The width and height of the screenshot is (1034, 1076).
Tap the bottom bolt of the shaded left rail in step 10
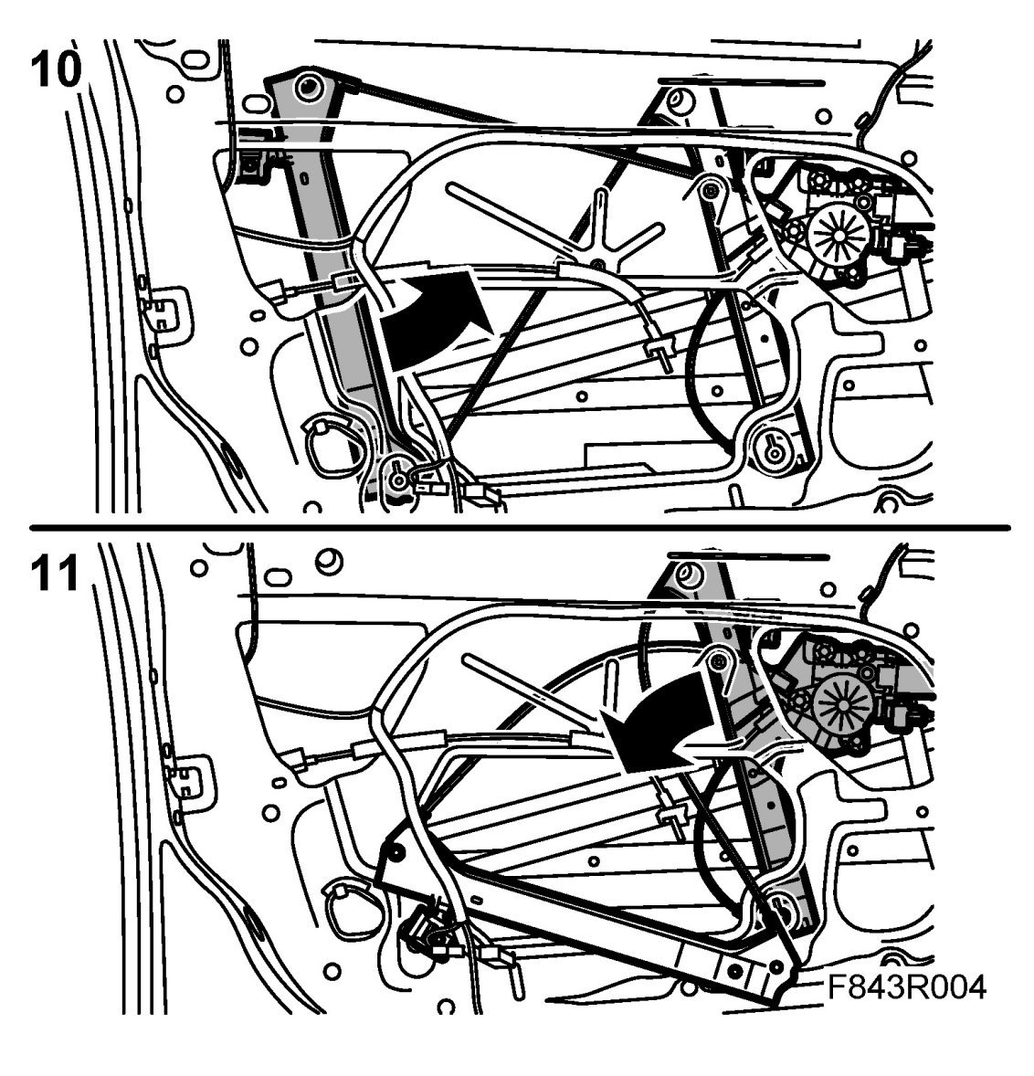pos(398,477)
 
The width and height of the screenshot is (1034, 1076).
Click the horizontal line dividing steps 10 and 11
pos(517,527)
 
